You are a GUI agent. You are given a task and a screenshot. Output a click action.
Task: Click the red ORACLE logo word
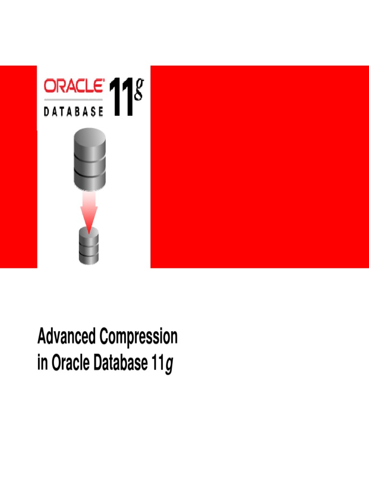point(74,86)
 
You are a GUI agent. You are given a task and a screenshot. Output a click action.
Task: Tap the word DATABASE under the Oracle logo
point(74,111)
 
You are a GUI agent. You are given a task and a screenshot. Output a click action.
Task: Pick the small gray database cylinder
point(88,246)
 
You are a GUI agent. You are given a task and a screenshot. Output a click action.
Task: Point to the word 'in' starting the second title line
point(42,364)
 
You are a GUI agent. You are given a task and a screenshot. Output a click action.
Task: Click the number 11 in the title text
point(155,364)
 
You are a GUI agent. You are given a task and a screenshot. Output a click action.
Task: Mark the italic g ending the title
point(169,366)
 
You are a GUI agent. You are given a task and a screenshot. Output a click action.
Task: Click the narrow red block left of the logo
point(18,166)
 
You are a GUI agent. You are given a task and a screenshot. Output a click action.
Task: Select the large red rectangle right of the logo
point(259,166)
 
